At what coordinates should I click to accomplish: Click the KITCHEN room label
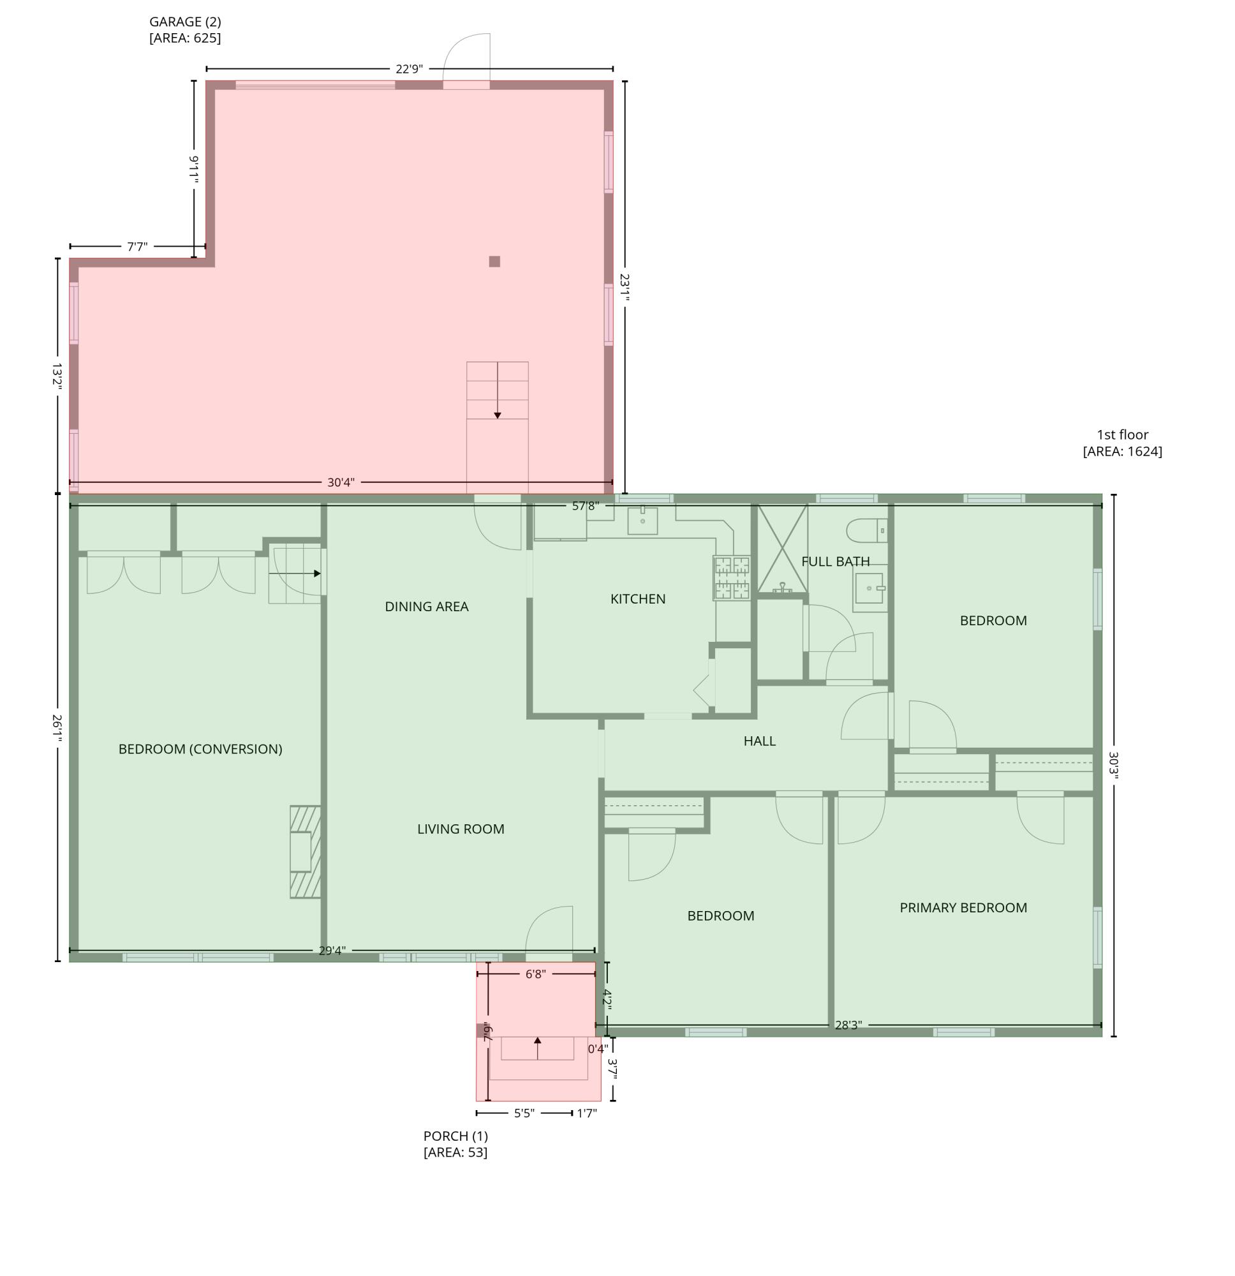pos(637,599)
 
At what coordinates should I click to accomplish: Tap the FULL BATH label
pos(835,561)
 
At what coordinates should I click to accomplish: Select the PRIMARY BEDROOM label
pos(963,907)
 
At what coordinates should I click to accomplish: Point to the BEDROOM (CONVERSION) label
pos(200,748)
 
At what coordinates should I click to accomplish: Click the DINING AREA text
pos(426,607)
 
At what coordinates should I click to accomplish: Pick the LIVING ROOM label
pos(461,829)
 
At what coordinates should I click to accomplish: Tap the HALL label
pos(759,741)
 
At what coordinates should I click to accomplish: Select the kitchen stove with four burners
pos(732,577)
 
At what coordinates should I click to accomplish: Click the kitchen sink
pos(642,521)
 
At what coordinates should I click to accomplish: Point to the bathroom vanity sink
pos(868,588)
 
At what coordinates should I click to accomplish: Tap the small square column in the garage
pos(494,262)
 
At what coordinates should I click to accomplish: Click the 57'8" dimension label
pos(584,506)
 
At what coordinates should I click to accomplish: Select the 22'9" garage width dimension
pos(409,69)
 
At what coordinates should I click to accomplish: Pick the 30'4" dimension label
pos(341,482)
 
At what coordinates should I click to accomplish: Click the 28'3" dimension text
pos(848,1025)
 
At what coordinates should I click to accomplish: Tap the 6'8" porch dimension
pos(535,974)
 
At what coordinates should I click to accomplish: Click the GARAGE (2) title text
pos(185,22)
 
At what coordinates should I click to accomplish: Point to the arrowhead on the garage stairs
pos(498,415)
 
